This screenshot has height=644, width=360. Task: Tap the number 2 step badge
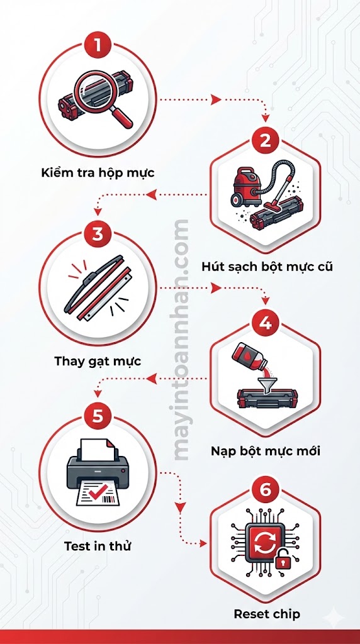point(265,140)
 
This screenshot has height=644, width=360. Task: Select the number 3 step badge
point(98,235)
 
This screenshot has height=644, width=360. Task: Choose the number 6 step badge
point(265,488)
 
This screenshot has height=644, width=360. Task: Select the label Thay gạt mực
point(98,361)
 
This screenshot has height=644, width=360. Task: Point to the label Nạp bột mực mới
point(266,452)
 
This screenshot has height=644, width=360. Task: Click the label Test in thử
point(98,546)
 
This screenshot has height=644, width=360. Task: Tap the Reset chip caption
point(267,613)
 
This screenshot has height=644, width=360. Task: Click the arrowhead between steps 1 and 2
point(215,99)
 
